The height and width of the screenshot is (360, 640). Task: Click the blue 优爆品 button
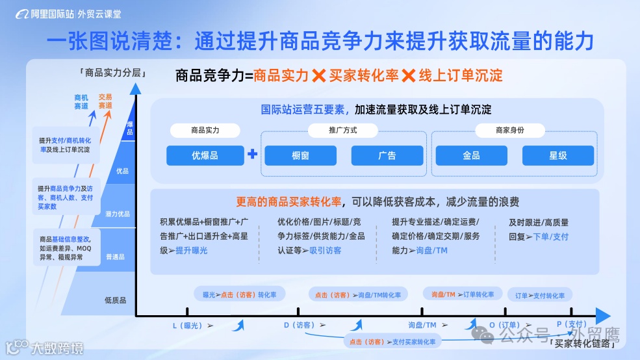(205, 155)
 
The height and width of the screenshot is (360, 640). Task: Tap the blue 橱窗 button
(301, 155)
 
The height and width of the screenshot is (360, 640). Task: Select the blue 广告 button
(387, 155)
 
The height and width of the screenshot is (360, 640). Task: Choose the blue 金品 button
(471, 155)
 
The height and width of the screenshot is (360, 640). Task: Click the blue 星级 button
(558, 155)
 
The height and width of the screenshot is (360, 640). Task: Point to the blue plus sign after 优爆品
(253, 155)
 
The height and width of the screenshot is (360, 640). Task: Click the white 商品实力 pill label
(205, 130)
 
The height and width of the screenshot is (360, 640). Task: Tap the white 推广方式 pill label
(343, 130)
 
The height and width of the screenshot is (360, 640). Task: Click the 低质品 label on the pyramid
(115, 300)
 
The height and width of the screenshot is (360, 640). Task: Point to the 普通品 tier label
(115, 257)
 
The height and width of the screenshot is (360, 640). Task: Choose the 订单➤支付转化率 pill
(539, 296)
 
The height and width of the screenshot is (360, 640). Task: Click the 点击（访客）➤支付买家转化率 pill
(392, 341)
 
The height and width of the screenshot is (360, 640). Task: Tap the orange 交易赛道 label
(105, 101)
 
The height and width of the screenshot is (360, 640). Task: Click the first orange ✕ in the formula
(319, 75)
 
